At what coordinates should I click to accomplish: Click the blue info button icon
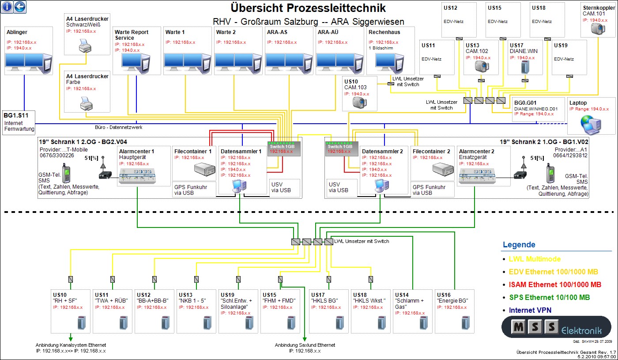(x=7, y=7)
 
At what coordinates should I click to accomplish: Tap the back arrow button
(x=20, y=7)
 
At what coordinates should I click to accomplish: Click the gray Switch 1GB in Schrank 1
(x=284, y=149)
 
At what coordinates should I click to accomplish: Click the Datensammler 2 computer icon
(x=380, y=186)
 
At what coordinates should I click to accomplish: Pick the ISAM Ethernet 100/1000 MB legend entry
(x=555, y=284)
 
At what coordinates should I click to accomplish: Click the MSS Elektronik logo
(x=556, y=327)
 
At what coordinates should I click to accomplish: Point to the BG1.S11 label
(x=16, y=115)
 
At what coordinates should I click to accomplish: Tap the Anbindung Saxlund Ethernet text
(x=305, y=345)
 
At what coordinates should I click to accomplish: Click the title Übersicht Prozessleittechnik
(x=308, y=8)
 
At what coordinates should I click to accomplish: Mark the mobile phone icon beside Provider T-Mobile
(x=67, y=173)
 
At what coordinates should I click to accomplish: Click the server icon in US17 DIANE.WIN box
(x=525, y=67)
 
